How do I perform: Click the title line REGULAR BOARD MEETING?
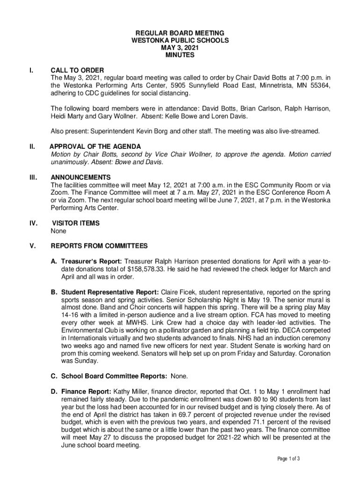[180, 33]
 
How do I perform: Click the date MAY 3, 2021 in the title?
[180, 48]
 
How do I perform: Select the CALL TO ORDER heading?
[77, 70]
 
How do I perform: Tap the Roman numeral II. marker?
[32, 147]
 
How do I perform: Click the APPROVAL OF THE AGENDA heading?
[95, 147]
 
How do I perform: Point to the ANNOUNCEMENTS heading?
[80, 177]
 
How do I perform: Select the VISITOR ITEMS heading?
[75, 223]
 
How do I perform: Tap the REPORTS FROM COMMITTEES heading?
[99, 246]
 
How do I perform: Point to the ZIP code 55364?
[319, 86]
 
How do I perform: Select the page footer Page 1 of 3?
[288, 459]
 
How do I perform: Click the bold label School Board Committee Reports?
[115, 376]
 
